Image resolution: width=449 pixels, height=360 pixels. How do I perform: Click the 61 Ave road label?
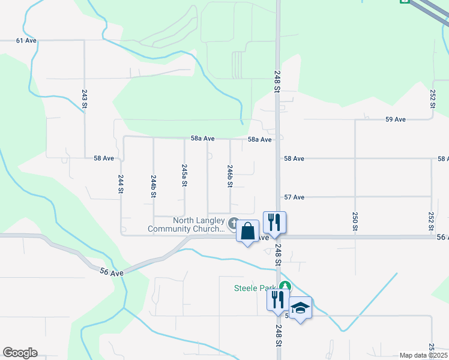(26, 41)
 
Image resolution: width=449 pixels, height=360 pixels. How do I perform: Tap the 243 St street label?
(85, 99)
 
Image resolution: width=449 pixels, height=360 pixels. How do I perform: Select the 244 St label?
(121, 184)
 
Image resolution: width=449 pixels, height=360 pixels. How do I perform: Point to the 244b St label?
(154, 187)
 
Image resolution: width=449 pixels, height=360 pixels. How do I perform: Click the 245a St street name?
(184, 176)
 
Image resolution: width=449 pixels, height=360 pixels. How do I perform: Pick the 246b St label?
(230, 176)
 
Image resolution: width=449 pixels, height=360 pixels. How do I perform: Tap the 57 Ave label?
(294, 197)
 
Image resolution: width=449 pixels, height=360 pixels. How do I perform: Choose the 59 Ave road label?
(396, 119)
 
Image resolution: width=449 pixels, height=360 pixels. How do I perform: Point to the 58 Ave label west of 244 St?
(104, 158)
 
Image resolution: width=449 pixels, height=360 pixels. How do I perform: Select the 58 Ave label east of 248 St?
(294, 158)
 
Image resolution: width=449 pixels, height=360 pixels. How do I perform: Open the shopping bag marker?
(247, 231)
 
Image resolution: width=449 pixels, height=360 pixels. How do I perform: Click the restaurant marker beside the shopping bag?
(274, 222)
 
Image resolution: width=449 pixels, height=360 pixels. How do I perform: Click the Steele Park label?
(256, 288)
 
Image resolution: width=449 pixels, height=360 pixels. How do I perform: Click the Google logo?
(20, 353)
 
